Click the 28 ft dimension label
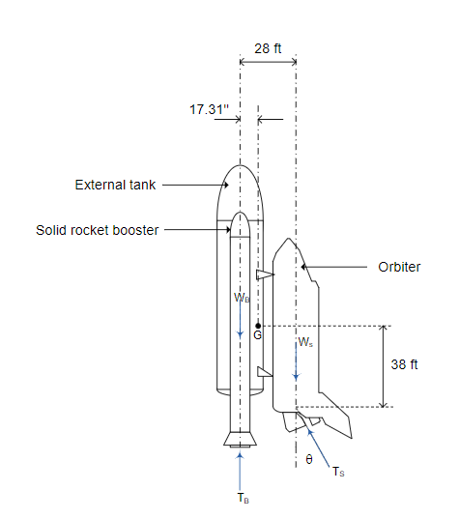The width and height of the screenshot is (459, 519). coord(268,48)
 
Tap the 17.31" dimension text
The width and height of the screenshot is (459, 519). coord(209,109)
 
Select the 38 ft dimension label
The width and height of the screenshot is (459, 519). coord(404,364)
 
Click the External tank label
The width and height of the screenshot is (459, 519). coord(115,185)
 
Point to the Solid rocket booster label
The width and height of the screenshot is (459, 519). coord(98,230)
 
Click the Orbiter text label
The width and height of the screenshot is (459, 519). coord(399,267)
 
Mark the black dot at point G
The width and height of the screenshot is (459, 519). coord(258,326)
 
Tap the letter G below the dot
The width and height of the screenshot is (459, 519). coord(257,335)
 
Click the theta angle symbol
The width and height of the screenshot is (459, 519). coord(309,459)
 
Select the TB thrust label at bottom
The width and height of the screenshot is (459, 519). coord(243,498)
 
